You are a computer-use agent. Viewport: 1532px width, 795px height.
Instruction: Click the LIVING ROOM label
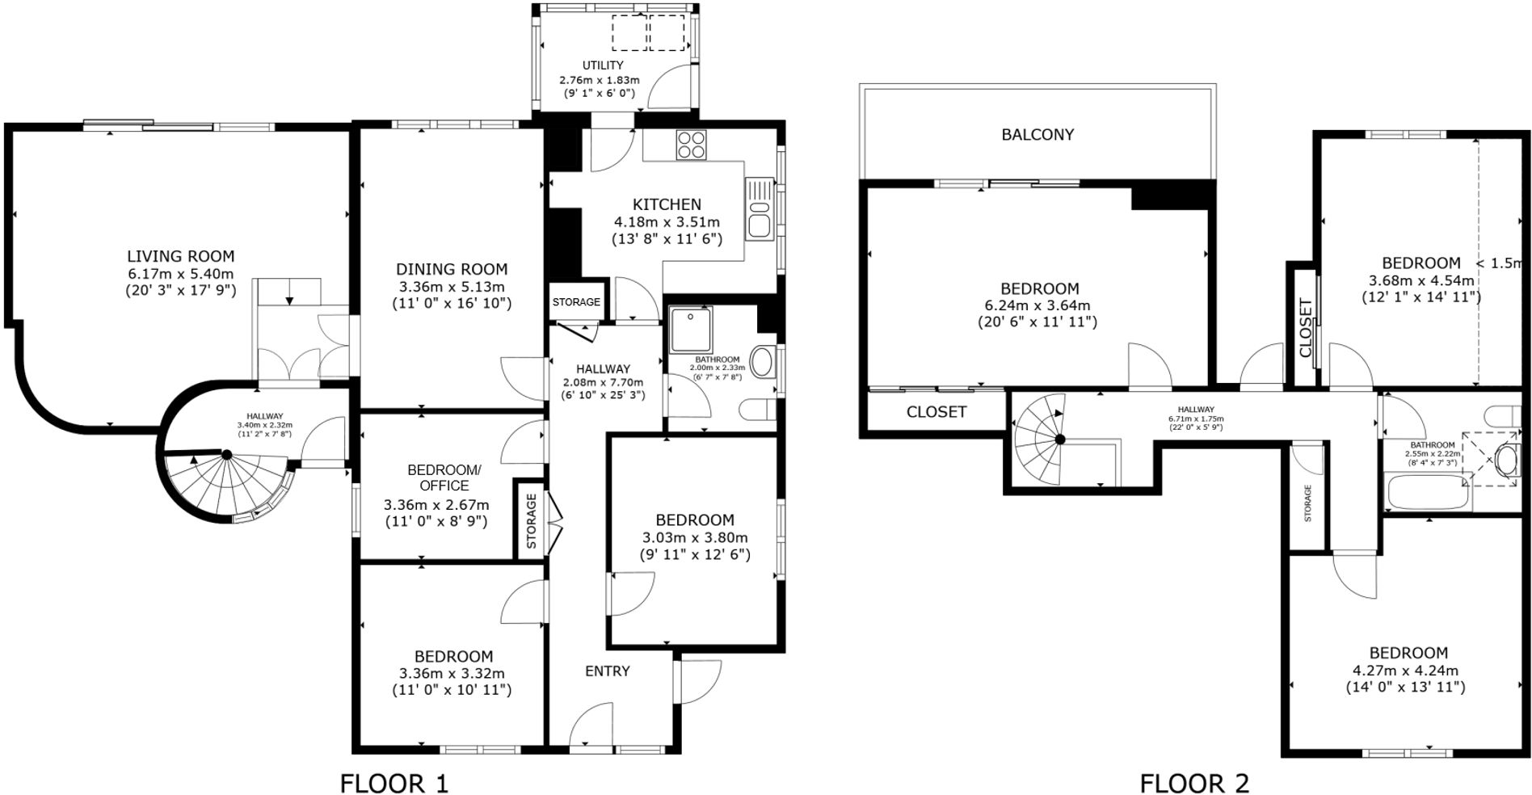(180, 256)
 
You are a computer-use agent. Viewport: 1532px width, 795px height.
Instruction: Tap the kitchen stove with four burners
(691, 144)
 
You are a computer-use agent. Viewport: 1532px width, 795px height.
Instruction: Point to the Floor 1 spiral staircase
(226, 481)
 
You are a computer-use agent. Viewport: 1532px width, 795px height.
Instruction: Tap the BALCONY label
(1037, 135)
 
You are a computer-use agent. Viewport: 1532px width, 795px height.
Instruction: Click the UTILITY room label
(603, 65)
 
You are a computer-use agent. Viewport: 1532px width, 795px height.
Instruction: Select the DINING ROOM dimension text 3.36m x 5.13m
(451, 287)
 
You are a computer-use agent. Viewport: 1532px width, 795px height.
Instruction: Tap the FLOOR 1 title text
(394, 783)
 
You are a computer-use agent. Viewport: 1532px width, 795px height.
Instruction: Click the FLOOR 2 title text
(1193, 783)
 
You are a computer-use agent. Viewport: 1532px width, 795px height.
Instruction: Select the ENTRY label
(607, 671)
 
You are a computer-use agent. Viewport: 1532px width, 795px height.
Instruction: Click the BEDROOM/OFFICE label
(444, 477)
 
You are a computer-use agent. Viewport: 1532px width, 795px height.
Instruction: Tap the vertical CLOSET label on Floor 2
(1305, 328)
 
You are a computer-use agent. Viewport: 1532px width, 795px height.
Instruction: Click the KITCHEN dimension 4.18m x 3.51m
(667, 221)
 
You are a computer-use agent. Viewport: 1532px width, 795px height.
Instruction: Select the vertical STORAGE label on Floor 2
(1307, 503)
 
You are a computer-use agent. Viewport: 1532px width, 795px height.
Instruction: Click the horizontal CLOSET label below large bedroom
(936, 412)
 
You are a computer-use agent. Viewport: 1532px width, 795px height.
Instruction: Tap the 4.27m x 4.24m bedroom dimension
(1404, 670)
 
